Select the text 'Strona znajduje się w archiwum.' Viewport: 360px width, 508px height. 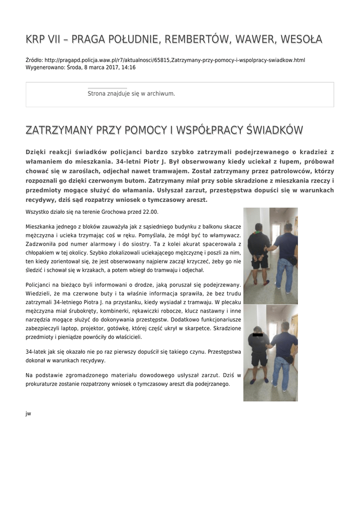tap(131, 93)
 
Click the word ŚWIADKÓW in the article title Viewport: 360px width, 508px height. tap(275, 130)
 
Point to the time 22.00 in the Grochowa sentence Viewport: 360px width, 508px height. tap(150, 212)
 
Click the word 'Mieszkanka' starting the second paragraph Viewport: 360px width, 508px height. tap(40, 226)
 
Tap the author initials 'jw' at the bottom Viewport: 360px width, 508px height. tap(28, 413)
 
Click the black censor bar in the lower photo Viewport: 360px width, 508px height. tap(258, 337)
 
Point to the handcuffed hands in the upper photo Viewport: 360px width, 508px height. tap(257, 256)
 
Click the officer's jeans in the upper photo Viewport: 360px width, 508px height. tap(285, 274)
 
